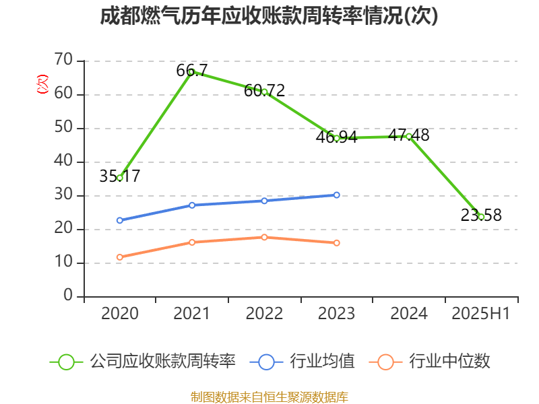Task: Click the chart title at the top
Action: coord(269,16)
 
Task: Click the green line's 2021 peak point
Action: coord(191,72)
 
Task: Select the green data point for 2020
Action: coord(120,178)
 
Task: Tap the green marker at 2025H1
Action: coord(481,217)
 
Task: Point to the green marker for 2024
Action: coord(408,136)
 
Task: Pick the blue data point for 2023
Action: coord(336,195)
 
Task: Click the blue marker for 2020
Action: coord(120,220)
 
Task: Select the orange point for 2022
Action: coord(264,237)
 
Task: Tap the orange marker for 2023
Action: coord(336,242)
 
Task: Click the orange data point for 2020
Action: coord(120,257)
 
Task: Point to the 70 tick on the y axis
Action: coord(63,61)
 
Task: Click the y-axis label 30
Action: coord(63,195)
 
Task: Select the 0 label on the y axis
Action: coord(68,296)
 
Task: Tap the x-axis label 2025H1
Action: coord(481,314)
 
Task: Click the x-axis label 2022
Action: coord(264,314)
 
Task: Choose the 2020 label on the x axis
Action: coord(120,314)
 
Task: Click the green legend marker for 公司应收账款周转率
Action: coord(66,362)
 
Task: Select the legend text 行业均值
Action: coord(322,362)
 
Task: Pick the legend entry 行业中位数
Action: coord(452,362)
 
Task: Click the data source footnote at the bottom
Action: coord(269,397)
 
